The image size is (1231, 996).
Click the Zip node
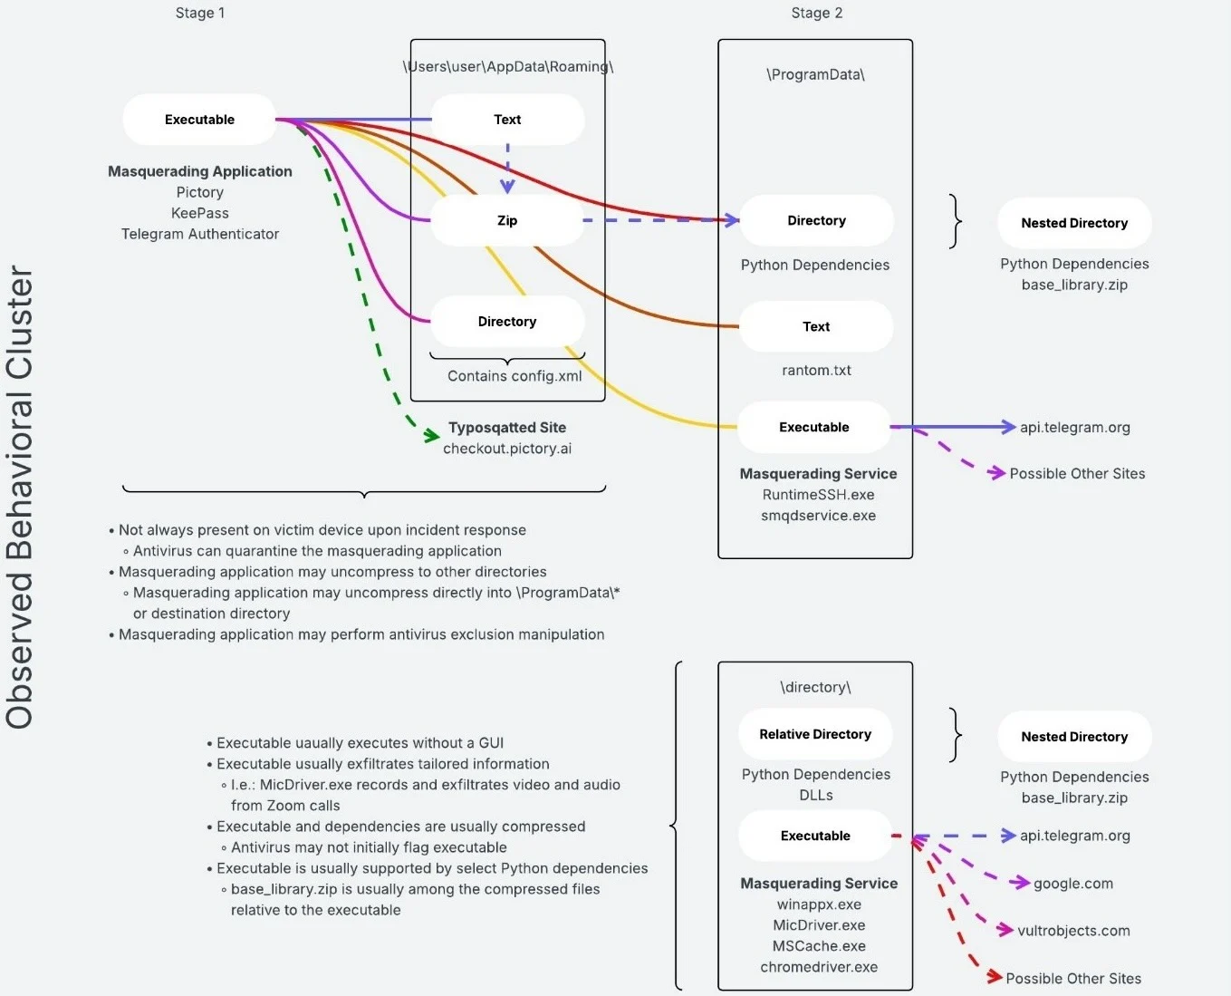[x=507, y=220]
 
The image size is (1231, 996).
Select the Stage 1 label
[x=200, y=13]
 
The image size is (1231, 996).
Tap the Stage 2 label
[x=816, y=13]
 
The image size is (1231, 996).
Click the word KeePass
[x=200, y=213]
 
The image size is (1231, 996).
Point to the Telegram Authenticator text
[x=200, y=234]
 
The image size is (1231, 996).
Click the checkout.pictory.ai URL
[x=507, y=449]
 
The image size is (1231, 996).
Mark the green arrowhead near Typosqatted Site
[x=432, y=436]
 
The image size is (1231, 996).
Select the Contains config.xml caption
[x=515, y=376]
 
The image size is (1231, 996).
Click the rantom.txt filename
[x=816, y=370]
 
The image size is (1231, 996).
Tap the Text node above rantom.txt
[x=816, y=326]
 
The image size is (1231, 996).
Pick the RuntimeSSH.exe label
[x=818, y=495]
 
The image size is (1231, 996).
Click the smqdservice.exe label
[x=818, y=516]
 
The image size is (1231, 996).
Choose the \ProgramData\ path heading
[x=815, y=74]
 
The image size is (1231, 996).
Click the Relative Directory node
[x=815, y=734]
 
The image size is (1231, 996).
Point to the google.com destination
[x=1073, y=884]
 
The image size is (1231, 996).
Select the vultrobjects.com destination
[x=1073, y=931]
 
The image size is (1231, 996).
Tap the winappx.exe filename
[x=819, y=904]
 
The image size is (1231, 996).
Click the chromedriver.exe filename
[x=819, y=967]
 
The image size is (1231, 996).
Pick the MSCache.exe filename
[x=819, y=946]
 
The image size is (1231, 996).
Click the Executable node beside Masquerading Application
[x=199, y=120]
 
